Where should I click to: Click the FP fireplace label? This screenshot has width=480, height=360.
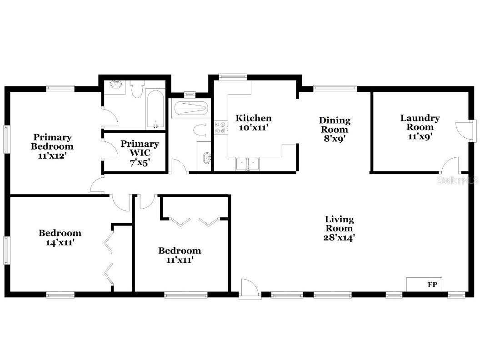coord(432,285)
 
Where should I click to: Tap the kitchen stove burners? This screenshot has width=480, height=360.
coord(221,128)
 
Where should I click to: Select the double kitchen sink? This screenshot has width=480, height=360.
coord(247,163)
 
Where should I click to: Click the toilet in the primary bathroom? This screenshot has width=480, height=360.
coord(136,89)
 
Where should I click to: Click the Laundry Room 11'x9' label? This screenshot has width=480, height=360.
coord(420,123)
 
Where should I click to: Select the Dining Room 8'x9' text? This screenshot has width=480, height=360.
coord(335,130)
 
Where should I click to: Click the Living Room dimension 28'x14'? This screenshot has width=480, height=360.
coord(339,237)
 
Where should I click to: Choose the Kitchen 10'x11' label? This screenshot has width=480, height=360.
coord(253,123)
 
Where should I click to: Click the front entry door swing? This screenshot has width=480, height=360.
coord(250,289)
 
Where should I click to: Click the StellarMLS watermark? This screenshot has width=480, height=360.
coord(457,180)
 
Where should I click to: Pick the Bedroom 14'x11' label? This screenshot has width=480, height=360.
coord(60,238)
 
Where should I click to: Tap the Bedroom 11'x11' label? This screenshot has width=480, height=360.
coord(179,255)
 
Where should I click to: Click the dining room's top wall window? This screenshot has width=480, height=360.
coord(335,89)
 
